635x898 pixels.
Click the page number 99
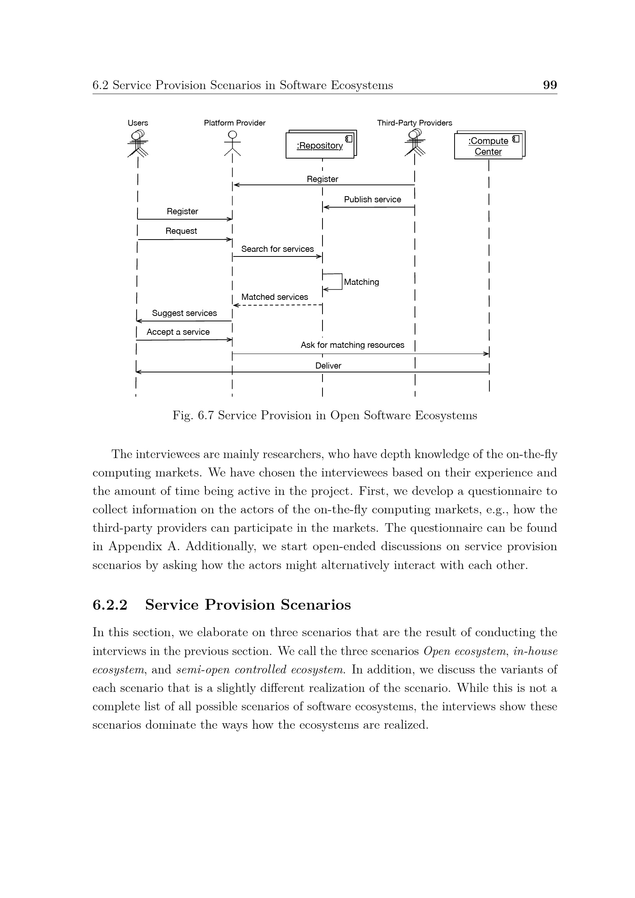(x=550, y=85)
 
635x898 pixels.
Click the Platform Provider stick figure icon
(x=232, y=143)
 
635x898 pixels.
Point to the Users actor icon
(x=138, y=143)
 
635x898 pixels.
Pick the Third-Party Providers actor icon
(x=415, y=143)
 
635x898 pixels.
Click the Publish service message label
(x=372, y=200)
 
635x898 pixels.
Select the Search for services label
(x=277, y=249)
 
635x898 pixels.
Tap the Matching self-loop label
(x=361, y=282)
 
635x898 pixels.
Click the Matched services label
(x=275, y=297)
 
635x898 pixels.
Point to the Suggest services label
(x=184, y=313)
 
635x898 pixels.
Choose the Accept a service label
(x=178, y=332)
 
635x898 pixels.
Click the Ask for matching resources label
(x=352, y=345)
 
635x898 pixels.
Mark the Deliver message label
(x=328, y=366)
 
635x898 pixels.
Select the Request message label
(x=181, y=231)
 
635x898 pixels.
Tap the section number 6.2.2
(x=110, y=605)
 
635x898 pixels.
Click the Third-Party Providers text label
(x=415, y=123)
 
